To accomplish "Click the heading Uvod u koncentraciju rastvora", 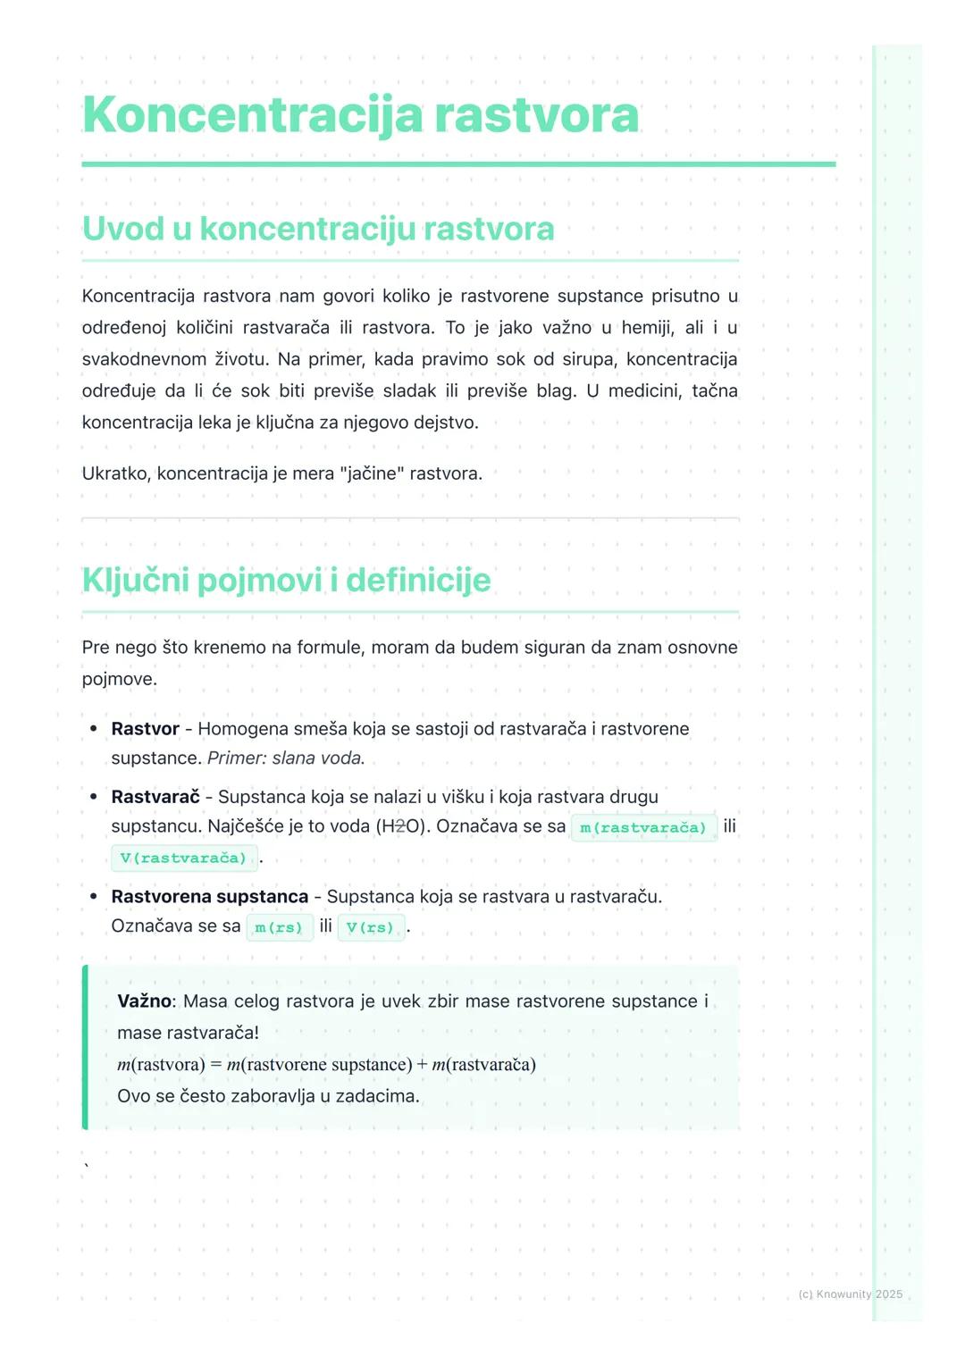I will tap(318, 229).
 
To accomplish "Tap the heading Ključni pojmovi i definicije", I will tap(286, 580).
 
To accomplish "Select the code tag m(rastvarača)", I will tap(643, 827).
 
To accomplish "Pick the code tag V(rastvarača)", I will tap(184, 858).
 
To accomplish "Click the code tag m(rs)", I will tap(279, 927).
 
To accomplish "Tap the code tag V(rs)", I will tap(371, 927).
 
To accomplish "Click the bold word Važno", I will tap(144, 1001).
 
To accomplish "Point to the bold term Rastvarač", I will tap(155, 797).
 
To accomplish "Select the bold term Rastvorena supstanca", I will tap(209, 896).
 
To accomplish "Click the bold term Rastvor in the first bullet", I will tap(145, 729).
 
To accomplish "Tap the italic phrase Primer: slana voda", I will tap(286, 758).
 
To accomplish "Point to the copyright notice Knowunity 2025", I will tap(850, 1294).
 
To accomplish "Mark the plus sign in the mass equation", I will tap(422, 1065).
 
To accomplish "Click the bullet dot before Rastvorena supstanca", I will tap(93, 896).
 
